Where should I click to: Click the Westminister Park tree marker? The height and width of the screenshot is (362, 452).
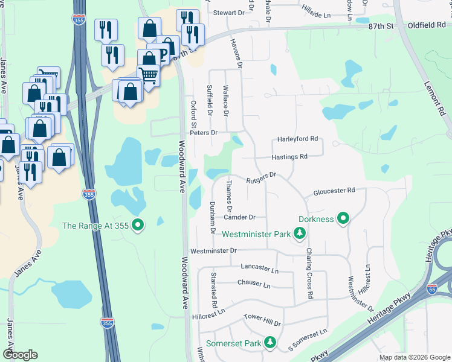[x=299, y=233]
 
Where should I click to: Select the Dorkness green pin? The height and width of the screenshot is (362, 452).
[x=343, y=218]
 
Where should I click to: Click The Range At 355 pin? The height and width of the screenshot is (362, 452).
[x=138, y=226]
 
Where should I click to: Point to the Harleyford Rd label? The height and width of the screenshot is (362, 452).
[x=297, y=139]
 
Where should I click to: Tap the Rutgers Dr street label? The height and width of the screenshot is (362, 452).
[x=261, y=176]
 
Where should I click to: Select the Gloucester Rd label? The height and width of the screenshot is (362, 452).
[x=334, y=191]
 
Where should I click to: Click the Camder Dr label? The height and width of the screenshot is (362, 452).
[x=240, y=217]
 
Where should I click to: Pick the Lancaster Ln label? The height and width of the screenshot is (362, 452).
[x=259, y=267]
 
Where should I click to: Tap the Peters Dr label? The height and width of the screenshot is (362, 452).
[x=203, y=133]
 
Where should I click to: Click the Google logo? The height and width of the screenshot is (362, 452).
[x=20, y=355]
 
